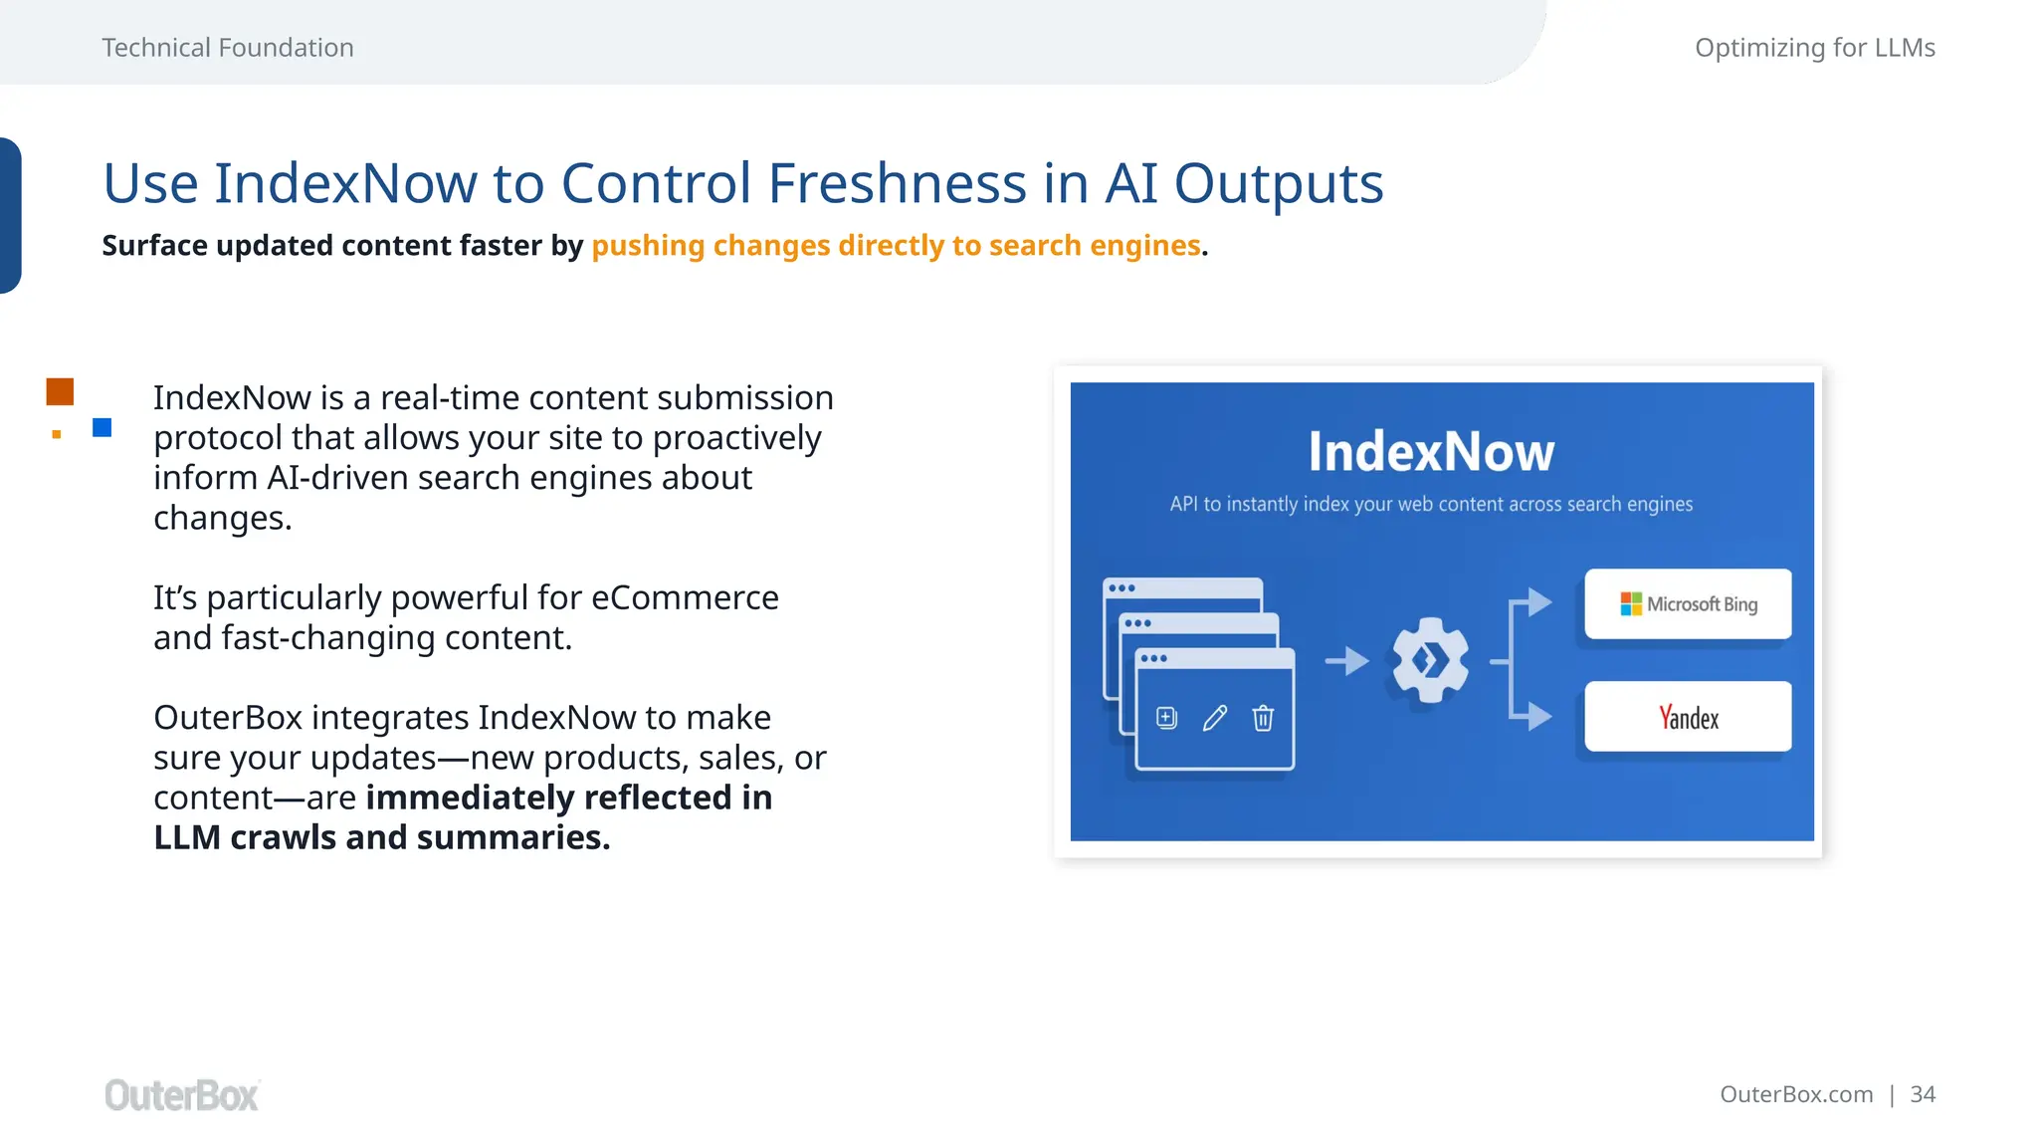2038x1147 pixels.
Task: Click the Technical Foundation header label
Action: (227, 48)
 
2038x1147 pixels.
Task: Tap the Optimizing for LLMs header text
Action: (1814, 48)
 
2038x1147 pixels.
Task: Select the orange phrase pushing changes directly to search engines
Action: (896, 246)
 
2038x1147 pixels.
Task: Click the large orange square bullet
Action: (60, 391)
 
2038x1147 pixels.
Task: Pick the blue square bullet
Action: (102, 427)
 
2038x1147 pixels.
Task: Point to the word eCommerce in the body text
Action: (685, 597)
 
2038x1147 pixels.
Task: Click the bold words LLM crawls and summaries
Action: (381, 837)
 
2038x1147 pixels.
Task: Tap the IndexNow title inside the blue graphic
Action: (1430, 452)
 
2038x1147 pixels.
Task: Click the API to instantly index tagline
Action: (1430, 504)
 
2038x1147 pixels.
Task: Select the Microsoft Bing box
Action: (1688, 604)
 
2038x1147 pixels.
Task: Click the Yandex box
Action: (1688, 717)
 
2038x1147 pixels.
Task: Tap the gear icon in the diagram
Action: (1430, 659)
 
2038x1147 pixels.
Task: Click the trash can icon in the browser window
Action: (1263, 718)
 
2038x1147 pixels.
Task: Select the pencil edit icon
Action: (1215, 718)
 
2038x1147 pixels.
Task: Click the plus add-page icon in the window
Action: (1166, 718)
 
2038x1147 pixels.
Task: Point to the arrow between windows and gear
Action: (1347, 660)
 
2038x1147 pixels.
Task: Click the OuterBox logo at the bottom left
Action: (181, 1095)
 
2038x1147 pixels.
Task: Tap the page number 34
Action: (1923, 1094)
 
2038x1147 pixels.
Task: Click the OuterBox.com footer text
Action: (1795, 1094)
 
